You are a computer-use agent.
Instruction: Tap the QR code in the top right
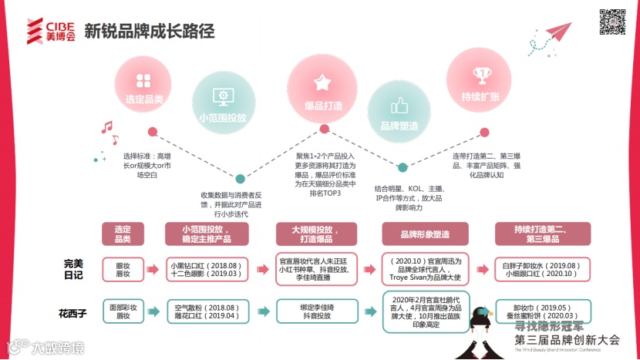(613, 21)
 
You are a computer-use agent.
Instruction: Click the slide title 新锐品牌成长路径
(149, 32)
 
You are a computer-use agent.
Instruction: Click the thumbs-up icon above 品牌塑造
(399, 106)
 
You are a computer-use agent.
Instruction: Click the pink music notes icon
(109, 132)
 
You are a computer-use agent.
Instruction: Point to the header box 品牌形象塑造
(424, 234)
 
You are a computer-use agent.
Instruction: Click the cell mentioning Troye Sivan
(425, 268)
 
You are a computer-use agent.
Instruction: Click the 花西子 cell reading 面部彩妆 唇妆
(123, 311)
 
